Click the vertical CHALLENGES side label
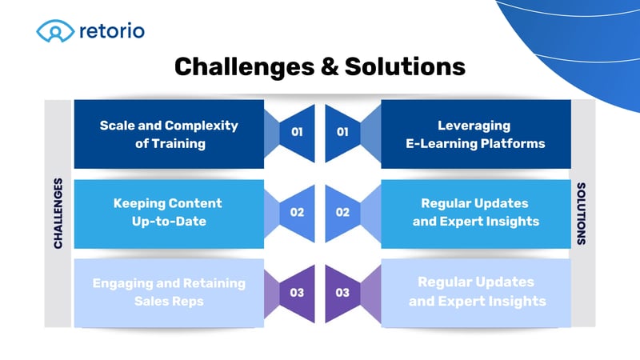tap(58, 214)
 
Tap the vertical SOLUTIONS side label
tap(582, 214)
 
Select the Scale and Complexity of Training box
tap(169, 134)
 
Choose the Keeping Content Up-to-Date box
tap(169, 213)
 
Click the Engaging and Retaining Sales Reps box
tap(169, 292)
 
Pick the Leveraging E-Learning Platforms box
tap(475, 134)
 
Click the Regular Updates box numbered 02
tap(475, 213)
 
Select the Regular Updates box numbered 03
tap(475, 292)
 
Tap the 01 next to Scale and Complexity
tap(297, 132)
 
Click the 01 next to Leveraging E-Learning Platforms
tap(342, 132)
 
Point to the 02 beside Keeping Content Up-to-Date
tap(297, 213)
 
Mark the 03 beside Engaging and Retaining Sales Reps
tap(297, 293)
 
